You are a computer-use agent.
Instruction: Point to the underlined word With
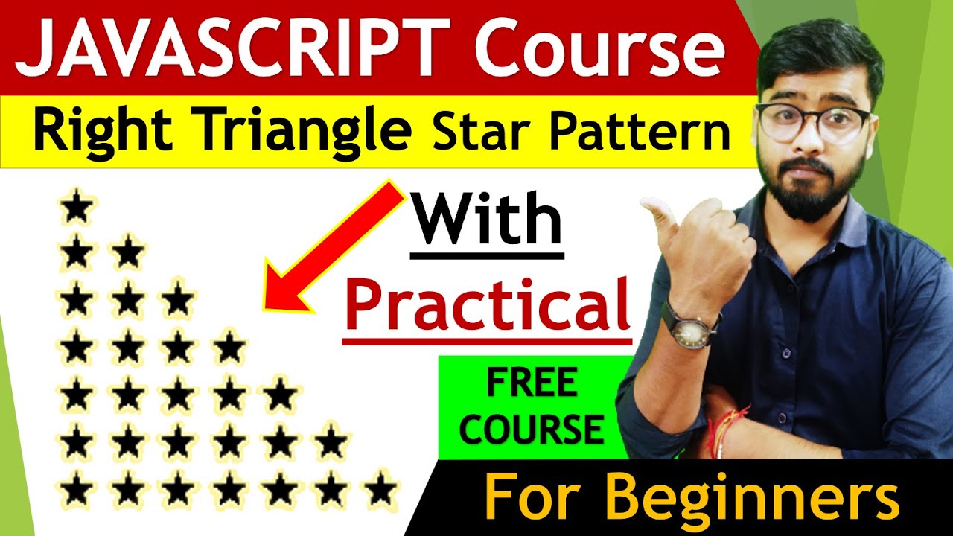click(487, 220)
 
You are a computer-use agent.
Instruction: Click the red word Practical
click(487, 307)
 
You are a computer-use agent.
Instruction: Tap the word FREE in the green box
click(531, 384)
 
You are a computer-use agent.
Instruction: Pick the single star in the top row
click(77, 207)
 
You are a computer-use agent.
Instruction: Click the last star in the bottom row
click(380, 491)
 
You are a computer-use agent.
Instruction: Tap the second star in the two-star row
click(128, 254)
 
